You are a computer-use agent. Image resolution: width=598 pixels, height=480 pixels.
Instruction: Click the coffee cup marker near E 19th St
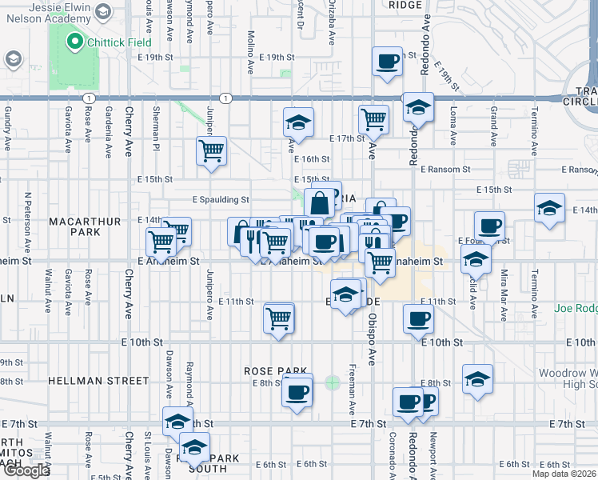pos(388,61)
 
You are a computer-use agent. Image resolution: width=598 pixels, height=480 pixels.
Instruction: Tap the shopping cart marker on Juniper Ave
pos(212,150)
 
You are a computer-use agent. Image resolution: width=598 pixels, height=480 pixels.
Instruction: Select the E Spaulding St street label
pos(220,200)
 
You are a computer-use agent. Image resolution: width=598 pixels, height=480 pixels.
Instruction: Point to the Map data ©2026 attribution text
pos(560,463)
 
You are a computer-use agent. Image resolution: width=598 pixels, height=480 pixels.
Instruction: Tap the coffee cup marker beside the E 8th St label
pos(297,392)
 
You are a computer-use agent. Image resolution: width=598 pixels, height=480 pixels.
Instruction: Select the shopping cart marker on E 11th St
pos(279,318)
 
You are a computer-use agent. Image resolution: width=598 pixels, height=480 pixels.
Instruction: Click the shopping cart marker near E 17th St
pos(373,120)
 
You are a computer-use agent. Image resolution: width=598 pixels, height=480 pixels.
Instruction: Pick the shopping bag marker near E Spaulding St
pos(319,203)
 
